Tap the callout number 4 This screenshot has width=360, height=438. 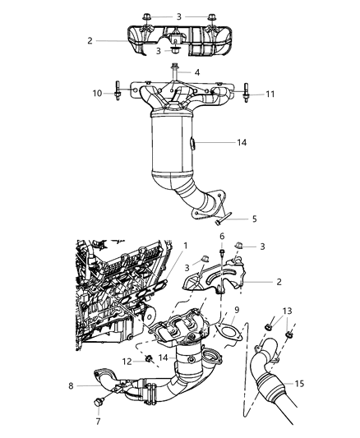coord(196,72)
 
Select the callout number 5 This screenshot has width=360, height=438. coord(254,219)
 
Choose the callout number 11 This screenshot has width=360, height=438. coord(270,95)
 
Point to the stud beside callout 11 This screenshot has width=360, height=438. coord(246,95)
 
